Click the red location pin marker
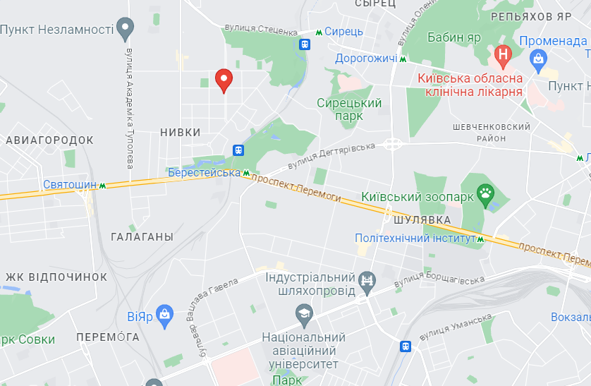[224, 80]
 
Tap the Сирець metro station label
[343, 32]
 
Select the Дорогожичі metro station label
[366, 59]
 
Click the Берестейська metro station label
[205, 172]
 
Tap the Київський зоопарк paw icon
[486, 193]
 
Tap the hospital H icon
[502, 54]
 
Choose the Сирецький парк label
[349, 109]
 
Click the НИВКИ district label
[181, 132]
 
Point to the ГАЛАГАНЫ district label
[142, 237]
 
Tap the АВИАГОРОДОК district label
[49, 140]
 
